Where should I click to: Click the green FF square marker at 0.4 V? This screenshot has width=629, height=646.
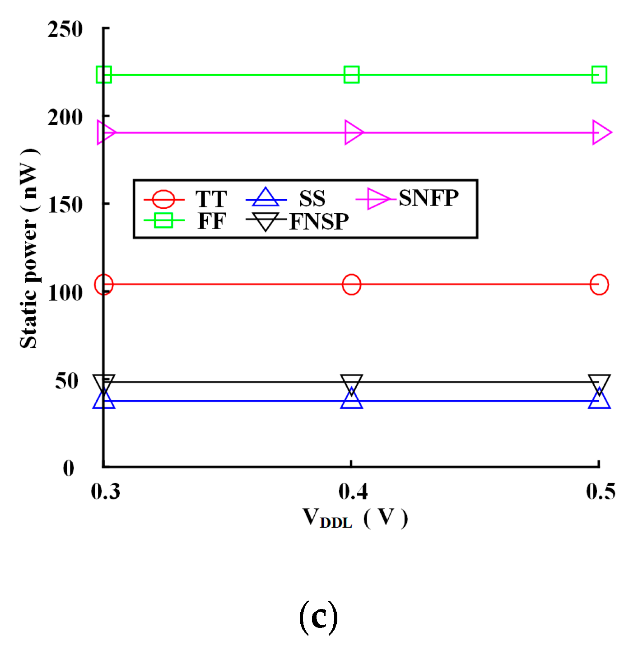[x=351, y=75]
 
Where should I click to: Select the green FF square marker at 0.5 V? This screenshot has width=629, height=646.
[x=599, y=75]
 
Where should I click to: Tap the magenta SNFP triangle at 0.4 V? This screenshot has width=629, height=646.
[x=353, y=132]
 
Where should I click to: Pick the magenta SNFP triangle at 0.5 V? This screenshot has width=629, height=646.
[x=601, y=132]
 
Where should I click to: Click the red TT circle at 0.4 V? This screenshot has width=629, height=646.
[x=351, y=284]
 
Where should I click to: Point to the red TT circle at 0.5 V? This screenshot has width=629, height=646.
[x=599, y=284]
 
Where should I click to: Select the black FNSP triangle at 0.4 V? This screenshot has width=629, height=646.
[x=351, y=384]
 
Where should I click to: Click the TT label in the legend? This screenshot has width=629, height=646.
[x=211, y=199]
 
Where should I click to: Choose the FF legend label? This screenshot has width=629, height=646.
[x=211, y=221]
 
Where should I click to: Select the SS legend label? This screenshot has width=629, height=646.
[x=312, y=199]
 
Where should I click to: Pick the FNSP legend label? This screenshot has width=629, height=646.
[x=319, y=221]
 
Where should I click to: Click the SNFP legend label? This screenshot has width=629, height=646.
[x=428, y=198]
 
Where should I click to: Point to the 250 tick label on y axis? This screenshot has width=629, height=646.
[x=65, y=30]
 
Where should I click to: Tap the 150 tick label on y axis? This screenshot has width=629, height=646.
[x=65, y=205]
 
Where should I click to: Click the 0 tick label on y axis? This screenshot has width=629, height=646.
[x=69, y=468]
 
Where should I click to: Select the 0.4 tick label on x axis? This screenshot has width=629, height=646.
[x=353, y=491]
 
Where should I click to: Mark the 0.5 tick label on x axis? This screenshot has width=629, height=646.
[x=600, y=491]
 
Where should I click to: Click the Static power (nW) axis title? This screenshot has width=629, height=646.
[x=29, y=248]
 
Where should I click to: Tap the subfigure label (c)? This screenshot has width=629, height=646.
[x=318, y=617]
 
